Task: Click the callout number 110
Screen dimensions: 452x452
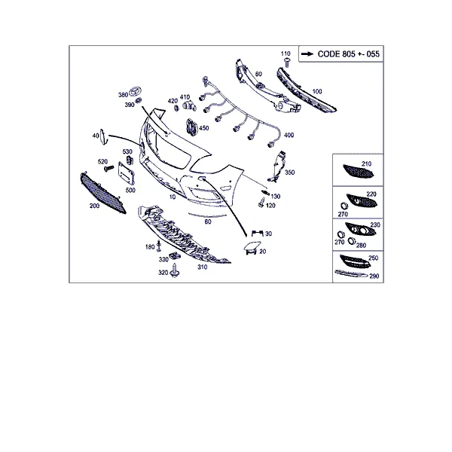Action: coord(286,53)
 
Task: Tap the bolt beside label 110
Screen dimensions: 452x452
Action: coord(287,63)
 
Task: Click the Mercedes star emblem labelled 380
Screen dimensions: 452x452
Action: coord(135,91)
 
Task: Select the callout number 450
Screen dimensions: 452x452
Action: coord(204,128)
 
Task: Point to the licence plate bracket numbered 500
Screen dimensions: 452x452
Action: coord(127,173)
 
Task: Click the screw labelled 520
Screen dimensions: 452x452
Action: coord(108,168)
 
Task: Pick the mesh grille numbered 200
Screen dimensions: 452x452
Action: coord(102,193)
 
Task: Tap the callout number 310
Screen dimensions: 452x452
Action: coord(202,267)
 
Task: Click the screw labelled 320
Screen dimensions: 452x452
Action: coord(175,270)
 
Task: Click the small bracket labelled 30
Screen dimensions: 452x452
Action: coord(257,233)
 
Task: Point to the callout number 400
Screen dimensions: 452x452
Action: coord(289,135)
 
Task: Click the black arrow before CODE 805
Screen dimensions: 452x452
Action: coord(307,54)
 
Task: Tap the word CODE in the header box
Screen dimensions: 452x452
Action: coord(328,54)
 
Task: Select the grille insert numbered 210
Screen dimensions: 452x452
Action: coord(359,171)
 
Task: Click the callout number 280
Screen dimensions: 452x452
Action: coord(361,245)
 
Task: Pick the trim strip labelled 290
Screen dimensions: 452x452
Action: coord(351,273)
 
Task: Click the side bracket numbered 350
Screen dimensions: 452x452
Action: coord(277,166)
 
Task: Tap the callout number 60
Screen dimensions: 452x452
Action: coord(208,221)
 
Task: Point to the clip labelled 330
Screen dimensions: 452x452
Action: coord(175,255)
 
